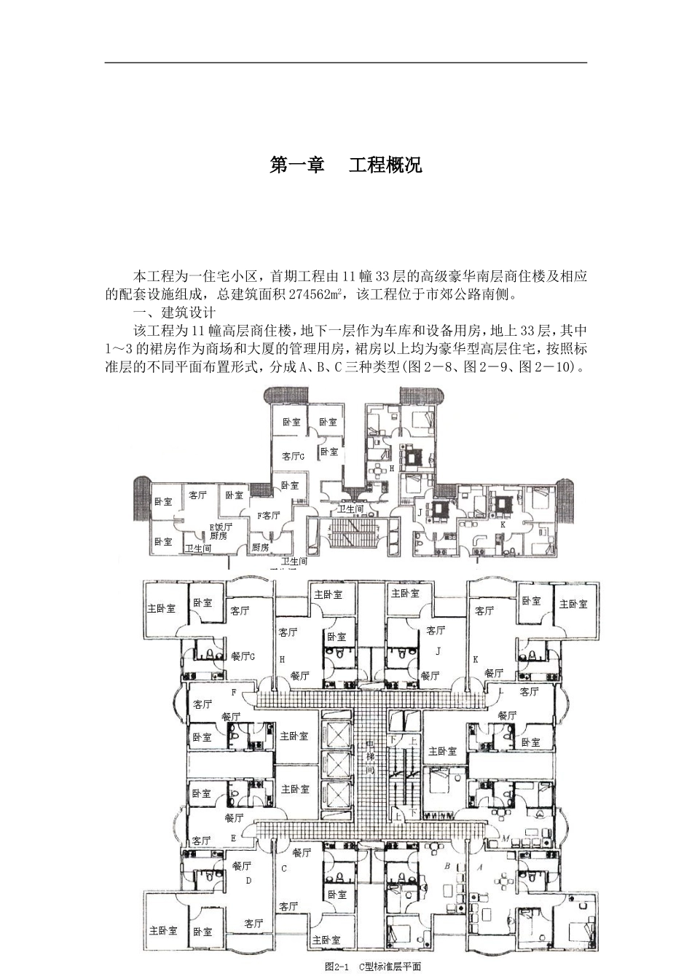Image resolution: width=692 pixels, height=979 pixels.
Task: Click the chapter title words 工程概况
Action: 385,165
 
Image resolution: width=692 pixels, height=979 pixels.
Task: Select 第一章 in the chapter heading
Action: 297,165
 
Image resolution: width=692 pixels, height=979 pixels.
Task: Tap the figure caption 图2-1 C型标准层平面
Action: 373,967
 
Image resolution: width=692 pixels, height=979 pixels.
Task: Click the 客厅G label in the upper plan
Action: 293,457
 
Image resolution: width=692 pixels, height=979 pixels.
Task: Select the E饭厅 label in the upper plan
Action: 220,526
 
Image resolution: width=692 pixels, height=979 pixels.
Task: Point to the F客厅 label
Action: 268,515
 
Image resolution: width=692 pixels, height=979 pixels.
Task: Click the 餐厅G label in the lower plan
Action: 243,656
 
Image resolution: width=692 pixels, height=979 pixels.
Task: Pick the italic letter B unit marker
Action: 447,866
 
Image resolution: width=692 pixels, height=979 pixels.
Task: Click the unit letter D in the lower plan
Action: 248,880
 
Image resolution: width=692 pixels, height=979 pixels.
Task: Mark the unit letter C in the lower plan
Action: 284,869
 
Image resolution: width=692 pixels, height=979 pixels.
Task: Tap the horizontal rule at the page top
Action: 345,63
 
